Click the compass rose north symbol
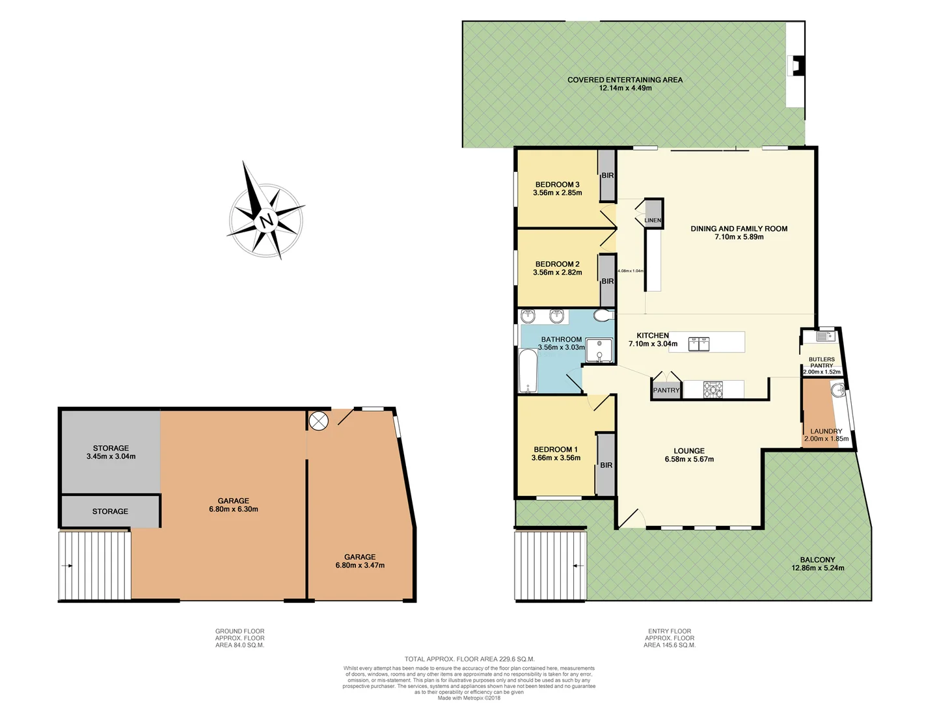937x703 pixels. [265, 219]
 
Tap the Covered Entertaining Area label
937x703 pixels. [625, 80]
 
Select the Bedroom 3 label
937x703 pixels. [557, 185]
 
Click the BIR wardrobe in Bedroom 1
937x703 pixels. [606, 465]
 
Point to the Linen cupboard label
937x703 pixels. [653, 221]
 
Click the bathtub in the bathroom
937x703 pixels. [528, 371]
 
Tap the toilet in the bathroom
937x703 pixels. [603, 316]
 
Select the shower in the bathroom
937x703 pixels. [599, 350]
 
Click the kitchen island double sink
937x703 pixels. [699, 342]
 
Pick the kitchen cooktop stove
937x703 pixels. [713, 389]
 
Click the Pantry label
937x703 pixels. [666, 391]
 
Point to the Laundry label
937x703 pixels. [826, 431]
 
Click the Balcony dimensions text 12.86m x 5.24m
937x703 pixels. [817, 568]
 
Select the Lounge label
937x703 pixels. [689, 450]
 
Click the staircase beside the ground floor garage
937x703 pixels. [95, 566]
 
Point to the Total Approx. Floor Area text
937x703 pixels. [469, 659]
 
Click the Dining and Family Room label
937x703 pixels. [739, 228]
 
